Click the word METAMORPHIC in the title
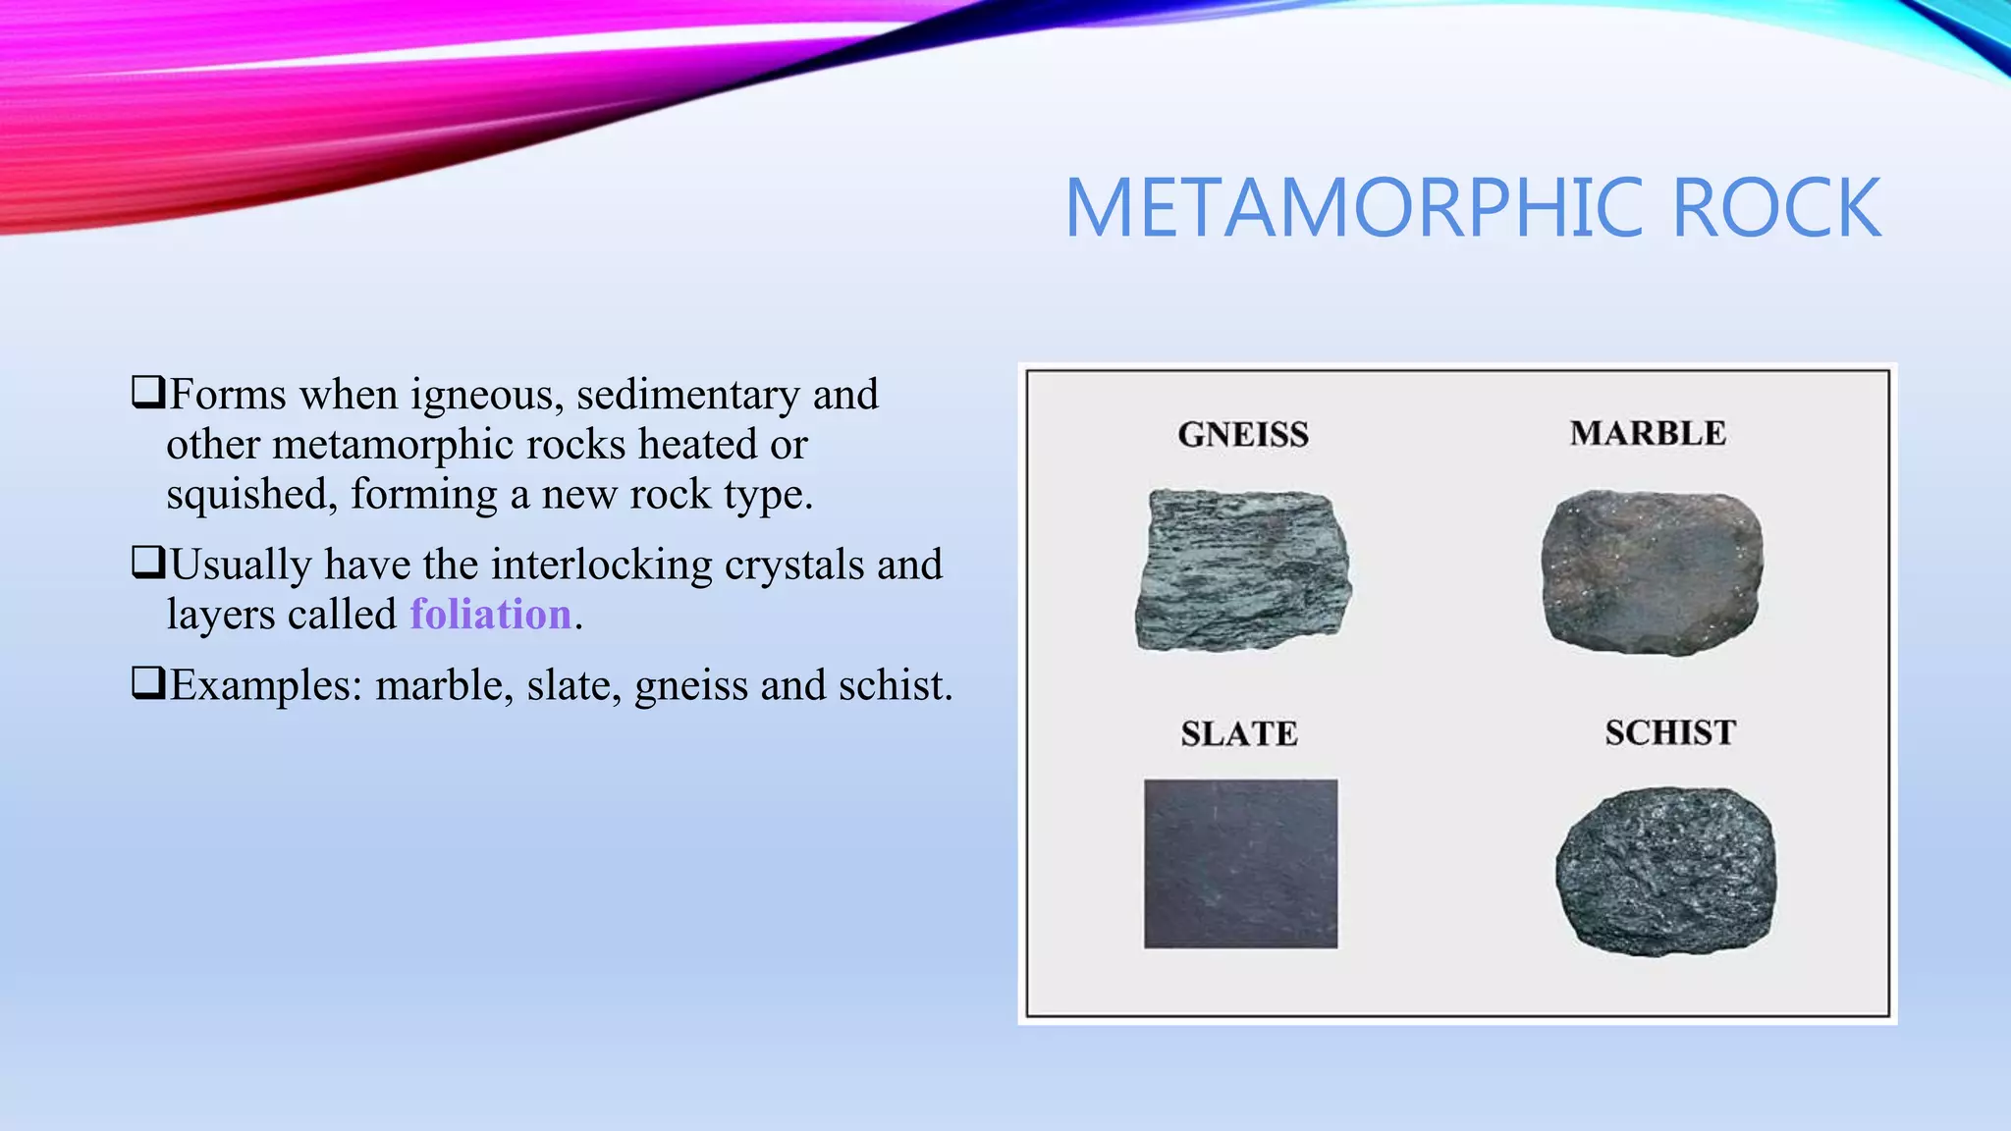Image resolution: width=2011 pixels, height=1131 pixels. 1354,208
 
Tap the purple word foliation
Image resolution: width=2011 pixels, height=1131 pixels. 490,615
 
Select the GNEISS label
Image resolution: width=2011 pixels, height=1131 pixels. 1243,434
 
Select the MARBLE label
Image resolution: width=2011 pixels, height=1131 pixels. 1648,433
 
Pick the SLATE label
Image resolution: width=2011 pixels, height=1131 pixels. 1239,733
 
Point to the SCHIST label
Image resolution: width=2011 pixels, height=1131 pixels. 1670,732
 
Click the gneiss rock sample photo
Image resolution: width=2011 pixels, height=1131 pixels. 1243,570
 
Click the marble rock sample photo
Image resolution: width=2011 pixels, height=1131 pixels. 1652,571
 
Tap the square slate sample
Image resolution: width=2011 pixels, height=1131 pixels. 1240,864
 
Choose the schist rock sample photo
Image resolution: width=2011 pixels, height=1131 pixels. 1666,871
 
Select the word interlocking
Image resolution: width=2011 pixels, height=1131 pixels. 602,565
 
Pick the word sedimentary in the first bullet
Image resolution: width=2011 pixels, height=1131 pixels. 687,396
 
